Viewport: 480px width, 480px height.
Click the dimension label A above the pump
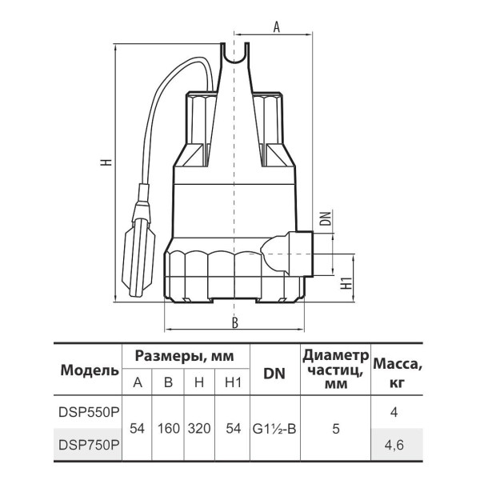click(277, 27)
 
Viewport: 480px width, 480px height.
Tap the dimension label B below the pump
click(234, 322)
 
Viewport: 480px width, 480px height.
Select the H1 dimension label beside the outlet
click(346, 283)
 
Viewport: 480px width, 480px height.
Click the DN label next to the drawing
click(327, 218)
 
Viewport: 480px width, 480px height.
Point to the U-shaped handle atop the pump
click(234, 54)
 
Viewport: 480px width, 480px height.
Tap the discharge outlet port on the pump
click(298, 254)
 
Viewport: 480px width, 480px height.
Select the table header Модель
click(90, 370)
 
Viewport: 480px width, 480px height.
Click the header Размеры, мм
click(185, 356)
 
